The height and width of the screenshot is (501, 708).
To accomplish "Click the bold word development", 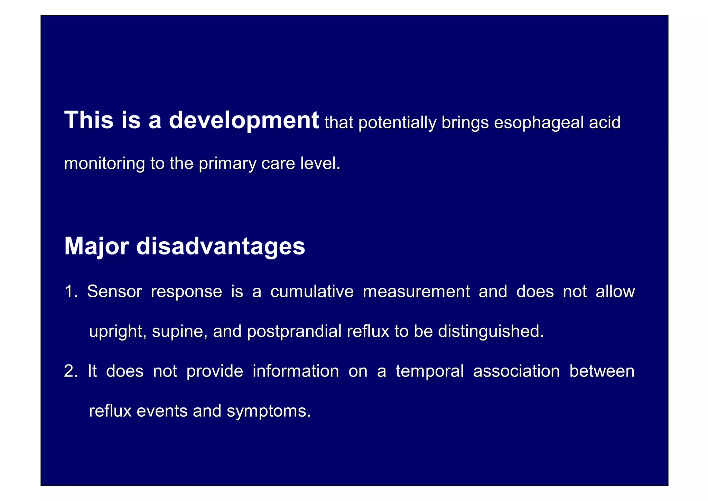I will (244, 121).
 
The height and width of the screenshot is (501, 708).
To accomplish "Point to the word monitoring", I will (104, 164).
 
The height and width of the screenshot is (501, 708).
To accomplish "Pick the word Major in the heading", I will (97, 247).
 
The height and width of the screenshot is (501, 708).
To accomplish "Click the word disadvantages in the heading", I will (221, 246).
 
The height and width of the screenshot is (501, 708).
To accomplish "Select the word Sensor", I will (114, 291).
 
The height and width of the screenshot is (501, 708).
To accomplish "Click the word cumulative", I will (312, 291).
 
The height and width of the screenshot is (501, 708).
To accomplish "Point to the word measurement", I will (416, 291).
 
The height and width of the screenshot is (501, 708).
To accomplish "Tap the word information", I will (296, 371).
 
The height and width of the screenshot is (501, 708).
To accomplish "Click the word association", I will (516, 371).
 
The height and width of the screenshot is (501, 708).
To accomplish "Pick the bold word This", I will (89, 121).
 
